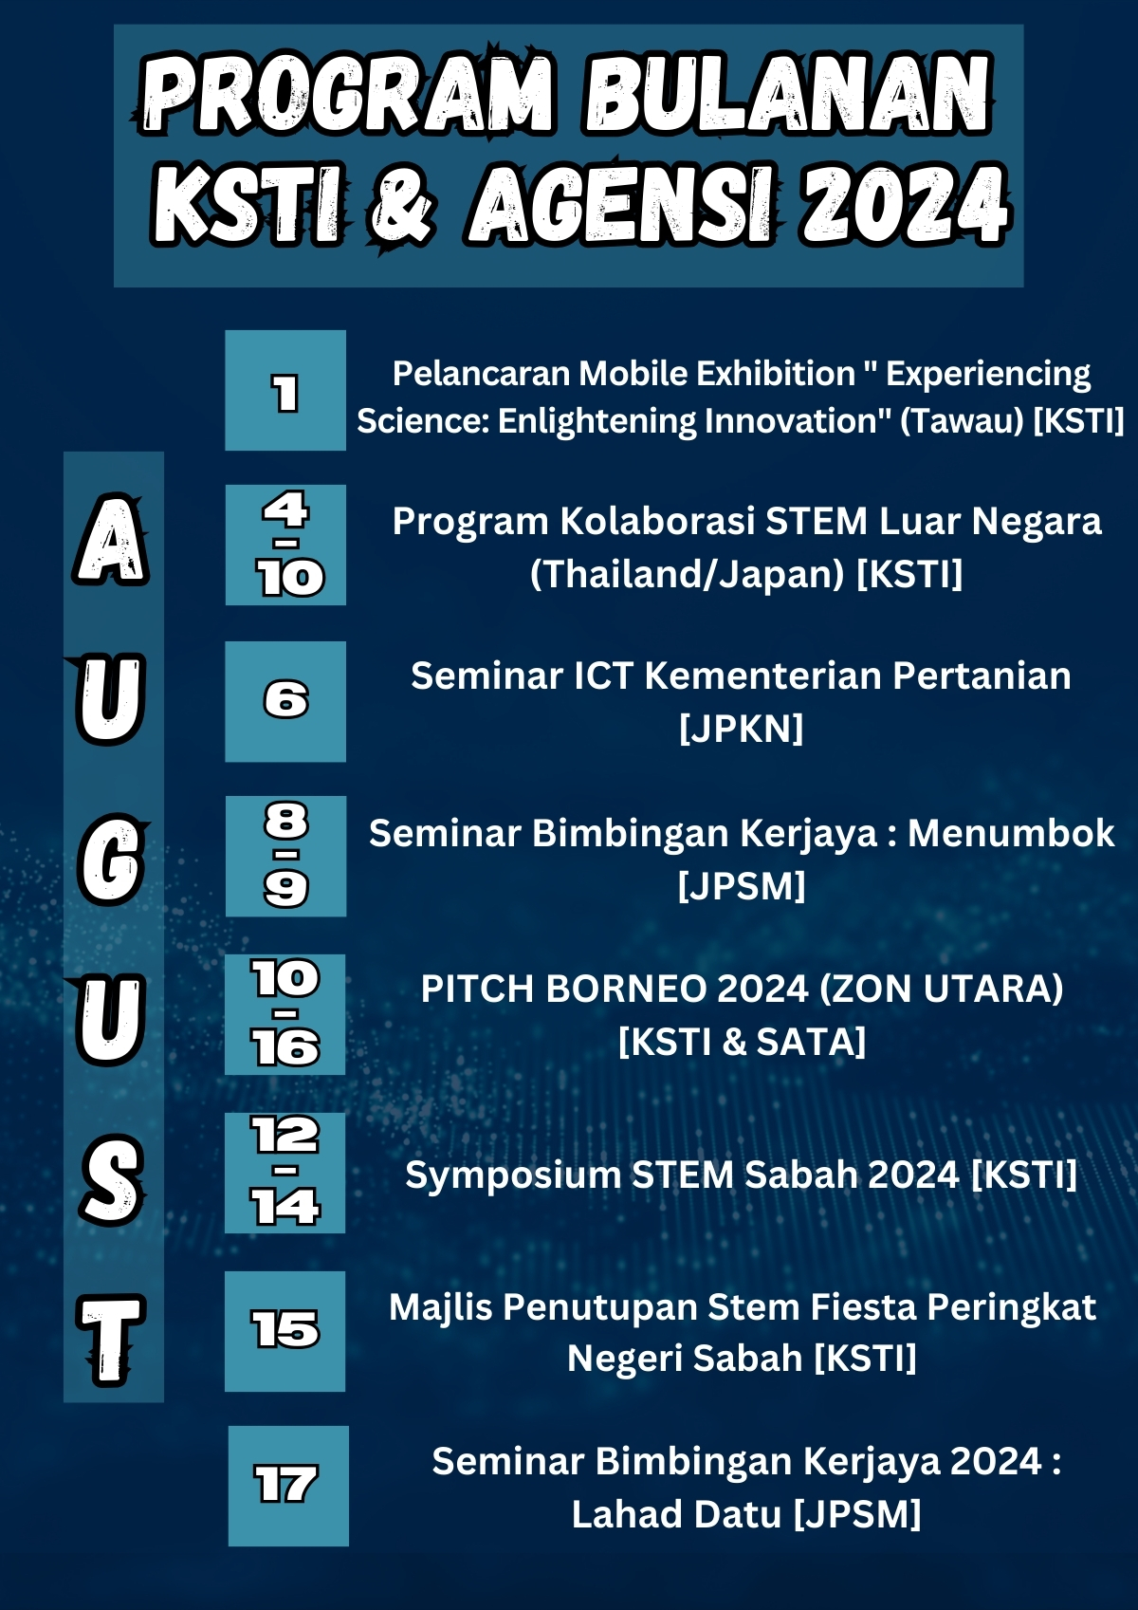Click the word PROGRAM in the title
click(348, 93)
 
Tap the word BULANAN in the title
click(788, 93)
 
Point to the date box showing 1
click(285, 390)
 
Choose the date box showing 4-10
click(285, 545)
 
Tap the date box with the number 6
click(285, 701)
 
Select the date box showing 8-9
click(285, 856)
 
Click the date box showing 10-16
click(284, 1015)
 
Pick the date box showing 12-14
click(284, 1173)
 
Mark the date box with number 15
click(284, 1331)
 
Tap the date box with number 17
click(288, 1486)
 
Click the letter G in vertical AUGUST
click(112, 860)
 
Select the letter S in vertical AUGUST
click(112, 1179)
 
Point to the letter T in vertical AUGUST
click(111, 1340)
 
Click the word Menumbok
click(1011, 834)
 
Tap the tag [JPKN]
click(742, 729)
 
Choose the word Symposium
click(513, 1175)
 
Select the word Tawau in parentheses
click(962, 420)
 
